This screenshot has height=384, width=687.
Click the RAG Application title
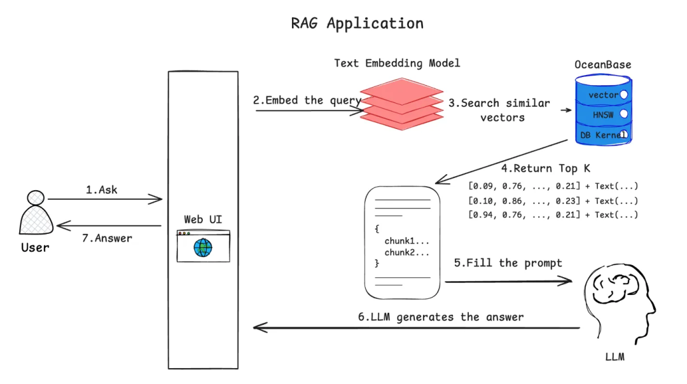[x=357, y=24]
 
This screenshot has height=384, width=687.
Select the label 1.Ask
[x=102, y=189]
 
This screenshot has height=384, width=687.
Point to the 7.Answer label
[x=107, y=238]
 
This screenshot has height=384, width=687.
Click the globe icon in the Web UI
[x=204, y=247]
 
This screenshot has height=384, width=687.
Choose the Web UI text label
[x=203, y=219]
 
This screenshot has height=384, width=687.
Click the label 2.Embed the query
[x=307, y=100]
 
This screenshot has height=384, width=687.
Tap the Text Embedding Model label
[x=397, y=63]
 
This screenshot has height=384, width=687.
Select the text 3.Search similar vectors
[x=499, y=109]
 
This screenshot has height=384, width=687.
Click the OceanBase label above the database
[x=602, y=65]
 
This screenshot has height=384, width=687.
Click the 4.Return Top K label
[x=545, y=169]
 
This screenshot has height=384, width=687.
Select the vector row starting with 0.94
[x=552, y=215]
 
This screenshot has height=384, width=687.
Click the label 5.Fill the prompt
[x=508, y=263]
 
